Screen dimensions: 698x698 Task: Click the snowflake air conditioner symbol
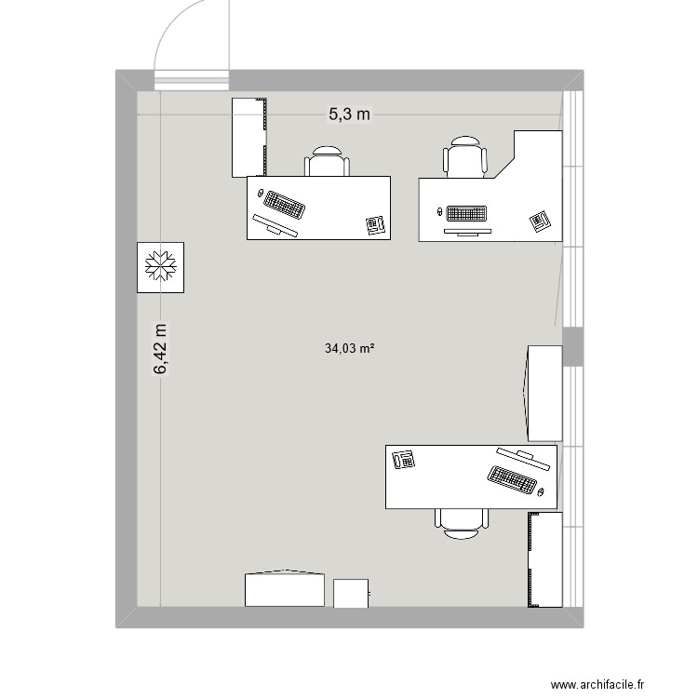tap(160, 267)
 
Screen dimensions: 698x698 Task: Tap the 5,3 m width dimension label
tap(349, 114)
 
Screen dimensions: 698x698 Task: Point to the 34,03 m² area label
tap(349, 349)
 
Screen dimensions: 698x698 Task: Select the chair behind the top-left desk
tap(328, 162)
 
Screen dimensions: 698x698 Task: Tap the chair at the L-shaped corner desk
tap(465, 156)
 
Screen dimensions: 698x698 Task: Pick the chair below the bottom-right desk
tap(461, 523)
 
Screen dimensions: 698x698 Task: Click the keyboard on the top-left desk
tap(285, 204)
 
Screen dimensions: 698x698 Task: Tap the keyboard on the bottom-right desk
tap(511, 479)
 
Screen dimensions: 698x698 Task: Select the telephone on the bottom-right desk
tap(404, 459)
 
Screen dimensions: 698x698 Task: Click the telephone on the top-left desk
tap(376, 225)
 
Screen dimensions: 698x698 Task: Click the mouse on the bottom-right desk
tap(541, 490)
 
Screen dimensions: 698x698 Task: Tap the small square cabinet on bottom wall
tap(352, 593)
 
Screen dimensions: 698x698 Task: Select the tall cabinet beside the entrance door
tap(248, 137)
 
